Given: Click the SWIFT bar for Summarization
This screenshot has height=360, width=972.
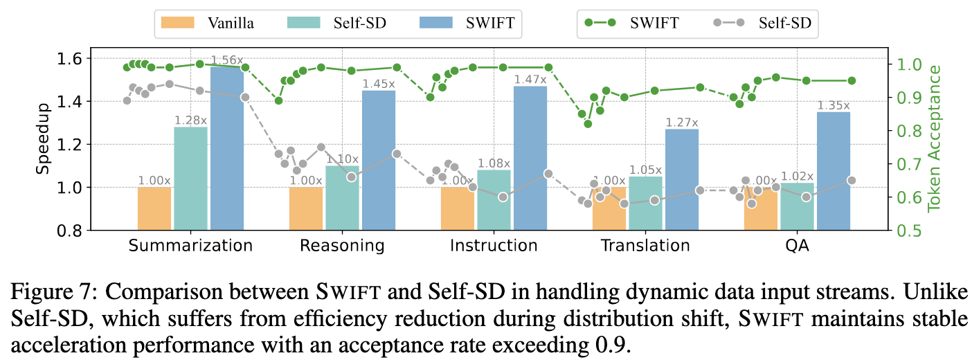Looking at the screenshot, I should [x=227, y=149].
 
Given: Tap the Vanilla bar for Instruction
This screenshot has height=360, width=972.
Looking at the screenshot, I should [x=457, y=208].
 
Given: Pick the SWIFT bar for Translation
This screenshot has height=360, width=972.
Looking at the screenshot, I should [x=682, y=179].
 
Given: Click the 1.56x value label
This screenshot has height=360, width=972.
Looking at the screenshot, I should [x=227, y=61].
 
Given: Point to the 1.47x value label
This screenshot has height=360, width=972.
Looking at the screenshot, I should [x=530, y=80].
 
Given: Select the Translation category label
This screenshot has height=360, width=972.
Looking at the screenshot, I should [x=645, y=246].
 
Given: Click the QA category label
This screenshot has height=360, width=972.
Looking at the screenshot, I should [x=797, y=246].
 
